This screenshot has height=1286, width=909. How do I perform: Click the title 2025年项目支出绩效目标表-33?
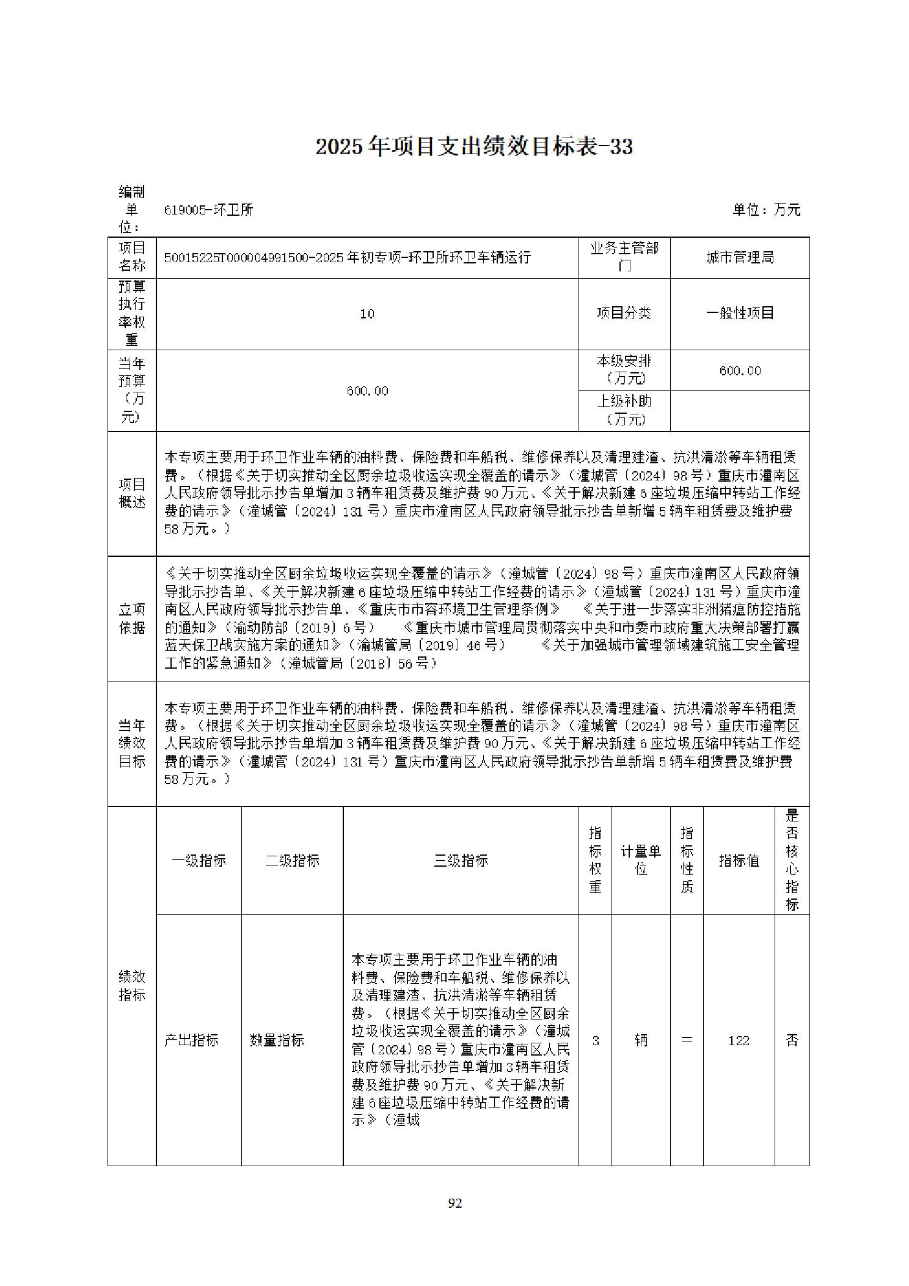click(474, 147)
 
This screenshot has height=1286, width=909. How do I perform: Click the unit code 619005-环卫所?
click(208, 210)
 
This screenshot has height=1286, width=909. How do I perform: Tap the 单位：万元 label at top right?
click(766, 210)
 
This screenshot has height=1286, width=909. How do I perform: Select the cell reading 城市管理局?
click(740, 257)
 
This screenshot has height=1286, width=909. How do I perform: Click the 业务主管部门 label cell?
click(624, 257)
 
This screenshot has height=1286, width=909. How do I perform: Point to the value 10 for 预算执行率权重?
click(367, 314)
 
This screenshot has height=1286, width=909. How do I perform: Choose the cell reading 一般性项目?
click(740, 314)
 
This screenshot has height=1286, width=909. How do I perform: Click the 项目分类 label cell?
click(624, 314)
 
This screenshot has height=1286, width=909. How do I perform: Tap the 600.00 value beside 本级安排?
click(740, 370)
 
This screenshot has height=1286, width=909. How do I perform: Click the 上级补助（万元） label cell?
click(624, 410)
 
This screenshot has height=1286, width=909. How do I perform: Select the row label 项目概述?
click(132, 493)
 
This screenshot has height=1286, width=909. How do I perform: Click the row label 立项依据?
click(132, 619)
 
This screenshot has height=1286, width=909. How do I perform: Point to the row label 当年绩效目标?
click(132, 743)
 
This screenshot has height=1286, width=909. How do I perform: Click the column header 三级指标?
click(461, 861)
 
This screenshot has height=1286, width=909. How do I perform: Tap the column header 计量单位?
click(641, 860)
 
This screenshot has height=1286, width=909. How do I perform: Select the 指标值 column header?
click(739, 861)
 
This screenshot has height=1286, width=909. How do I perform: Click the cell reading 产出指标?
click(192, 1040)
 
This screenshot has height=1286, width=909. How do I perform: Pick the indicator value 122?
click(739, 1040)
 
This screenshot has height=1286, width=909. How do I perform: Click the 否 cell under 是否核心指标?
click(792, 1040)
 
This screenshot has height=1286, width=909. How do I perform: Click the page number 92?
click(454, 1203)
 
